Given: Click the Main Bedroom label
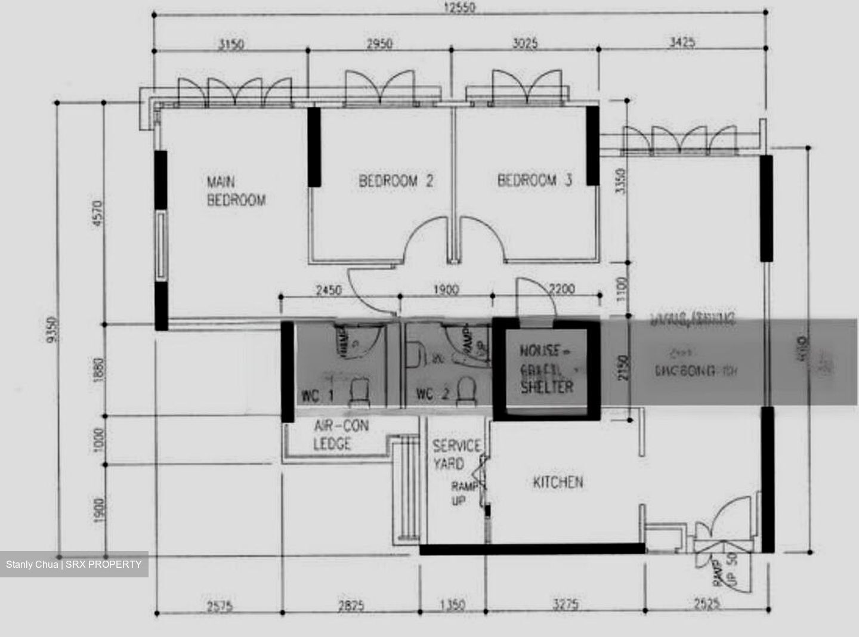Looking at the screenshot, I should point(236,191).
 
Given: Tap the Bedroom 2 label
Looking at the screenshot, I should point(395,181).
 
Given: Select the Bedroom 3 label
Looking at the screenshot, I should point(534,180).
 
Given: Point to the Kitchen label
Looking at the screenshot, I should point(558,482).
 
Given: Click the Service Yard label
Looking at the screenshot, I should point(456,454).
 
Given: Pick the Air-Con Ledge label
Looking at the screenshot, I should point(341,434).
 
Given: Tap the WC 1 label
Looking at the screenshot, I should point(316,395).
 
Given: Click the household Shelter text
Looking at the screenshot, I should point(546,386).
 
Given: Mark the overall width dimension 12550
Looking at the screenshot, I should point(459,8).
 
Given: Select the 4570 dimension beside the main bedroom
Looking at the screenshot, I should point(98,213).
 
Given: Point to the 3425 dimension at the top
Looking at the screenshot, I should point(681,43).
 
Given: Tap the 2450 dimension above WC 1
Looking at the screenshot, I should point(328,290).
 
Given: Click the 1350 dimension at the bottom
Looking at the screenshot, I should point(452,605).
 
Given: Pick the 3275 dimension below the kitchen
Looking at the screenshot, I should point(565,605).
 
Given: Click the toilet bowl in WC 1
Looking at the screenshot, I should point(359,392).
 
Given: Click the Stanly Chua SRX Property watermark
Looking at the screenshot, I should point(74,564).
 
